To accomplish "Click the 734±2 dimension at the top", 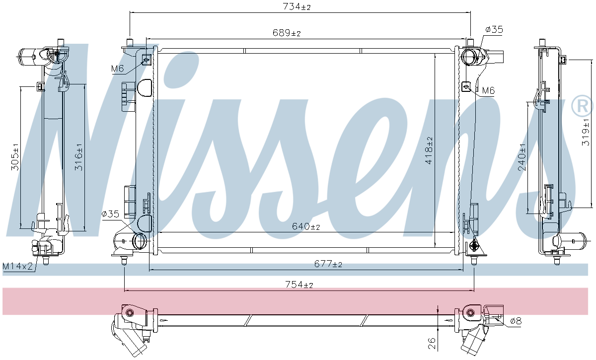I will click(297, 7).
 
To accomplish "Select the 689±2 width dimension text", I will click(287, 33).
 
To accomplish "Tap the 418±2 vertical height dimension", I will click(429, 150).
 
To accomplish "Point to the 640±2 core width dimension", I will click(305, 226).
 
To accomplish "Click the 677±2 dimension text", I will click(328, 265).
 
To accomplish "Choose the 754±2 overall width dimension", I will click(298, 285).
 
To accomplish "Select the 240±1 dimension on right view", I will click(521, 157).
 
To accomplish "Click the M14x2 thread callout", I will click(17, 267).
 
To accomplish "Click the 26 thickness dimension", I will click(432, 343).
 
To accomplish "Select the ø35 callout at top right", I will click(494, 30).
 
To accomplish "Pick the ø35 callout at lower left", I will click(110, 214).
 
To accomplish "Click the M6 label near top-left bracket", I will click(117, 69).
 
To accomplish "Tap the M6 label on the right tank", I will click(488, 90).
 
